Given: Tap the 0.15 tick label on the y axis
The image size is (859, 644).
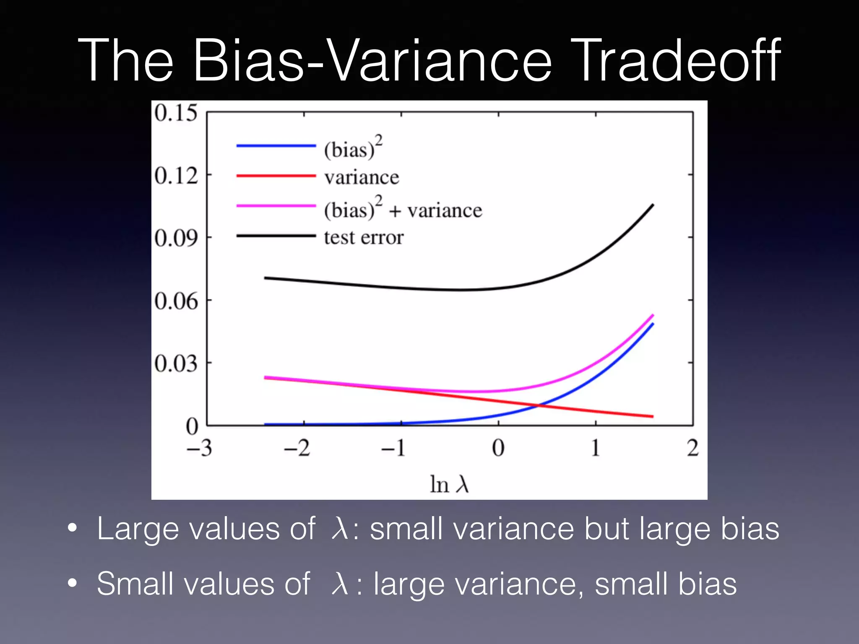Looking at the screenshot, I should click(176, 113).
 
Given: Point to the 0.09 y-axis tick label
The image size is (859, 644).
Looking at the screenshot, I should click(176, 238).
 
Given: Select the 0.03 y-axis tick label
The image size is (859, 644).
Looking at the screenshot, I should click(176, 364).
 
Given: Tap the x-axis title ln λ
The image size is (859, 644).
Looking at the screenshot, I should click(449, 484).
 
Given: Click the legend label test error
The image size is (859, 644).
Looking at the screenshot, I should click(364, 237).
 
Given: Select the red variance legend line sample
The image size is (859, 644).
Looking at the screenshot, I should click(276, 176).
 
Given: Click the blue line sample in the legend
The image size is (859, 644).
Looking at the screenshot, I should click(276, 145).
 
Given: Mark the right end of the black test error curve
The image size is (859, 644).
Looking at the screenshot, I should click(653, 205).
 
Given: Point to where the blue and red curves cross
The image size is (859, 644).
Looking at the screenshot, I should click(539, 405).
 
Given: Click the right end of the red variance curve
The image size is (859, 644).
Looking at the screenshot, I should click(652, 416).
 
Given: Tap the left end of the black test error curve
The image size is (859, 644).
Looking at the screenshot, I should click(266, 278).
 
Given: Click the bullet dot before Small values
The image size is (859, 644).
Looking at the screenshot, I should click(73, 583).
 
